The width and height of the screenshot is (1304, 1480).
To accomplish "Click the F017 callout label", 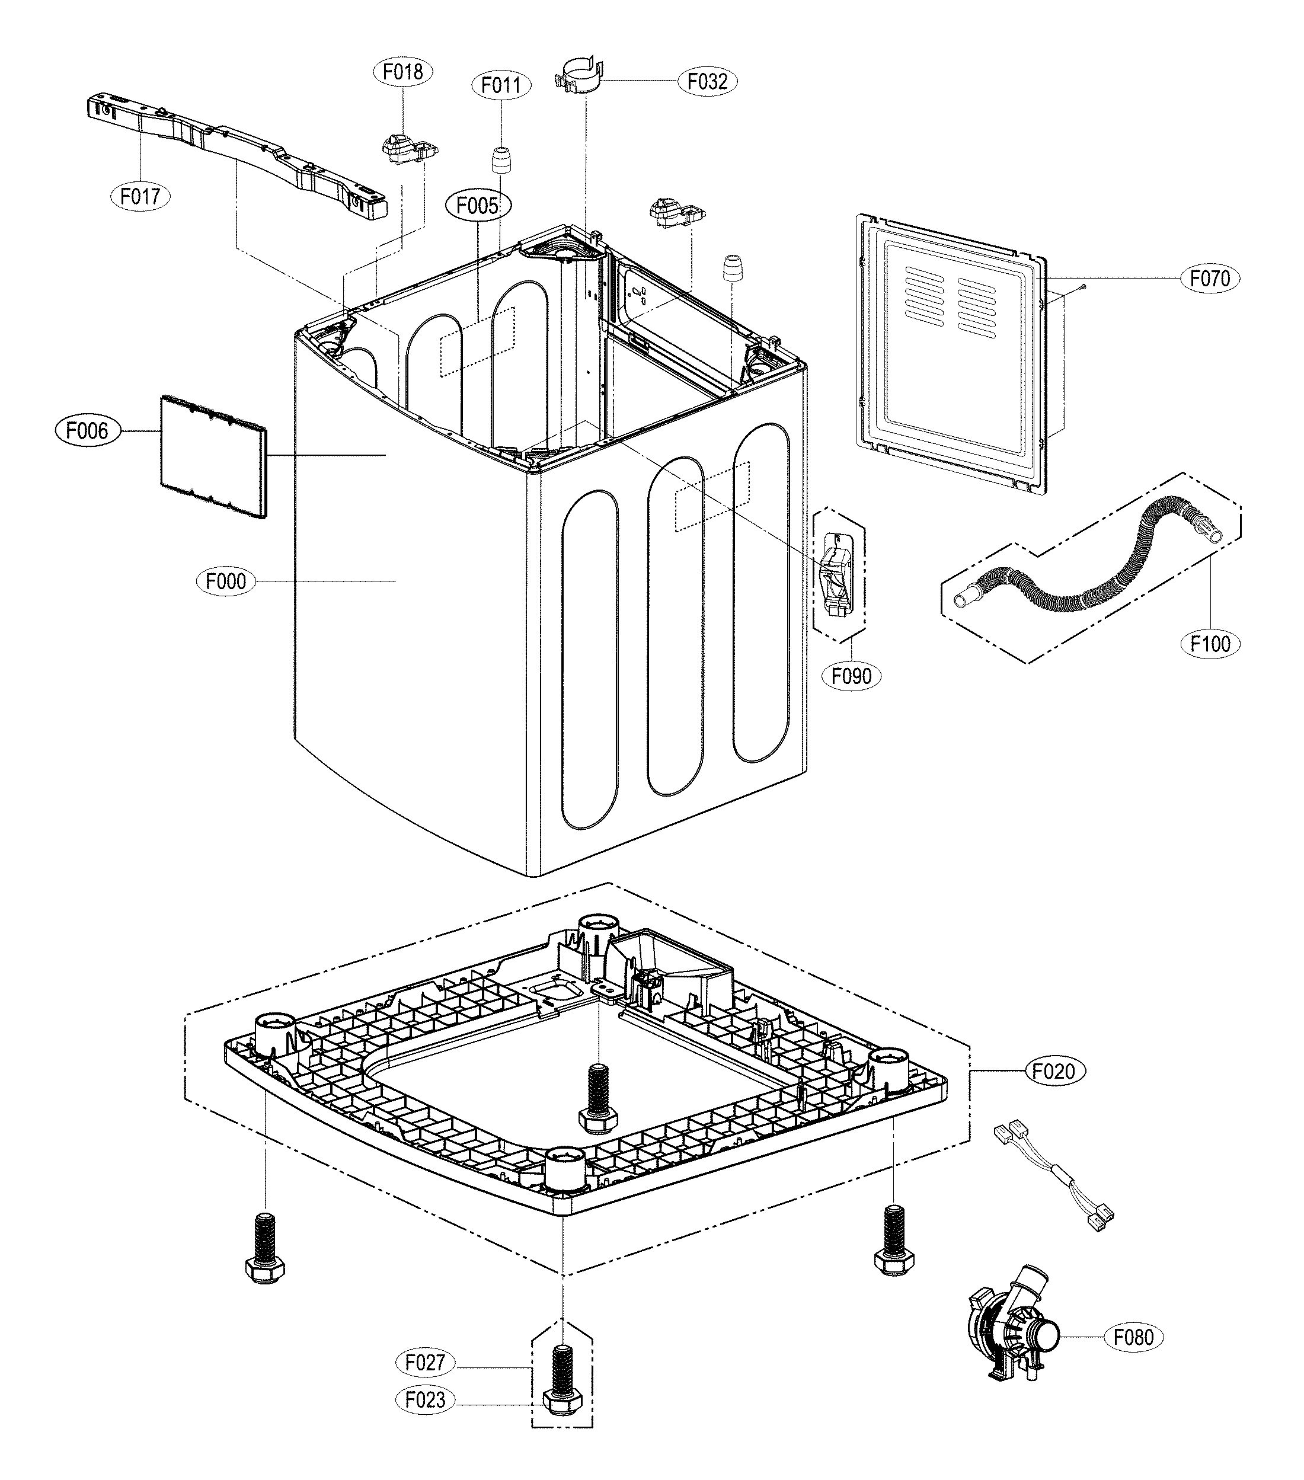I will (x=140, y=196).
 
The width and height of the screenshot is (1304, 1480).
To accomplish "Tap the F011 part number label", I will (x=501, y=85).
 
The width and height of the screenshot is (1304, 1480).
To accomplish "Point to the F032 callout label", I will (x=707, y=81).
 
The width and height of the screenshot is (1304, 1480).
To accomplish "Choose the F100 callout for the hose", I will (x=1210, y=643).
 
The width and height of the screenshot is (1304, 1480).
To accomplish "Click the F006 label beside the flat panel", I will (x=87, y=431).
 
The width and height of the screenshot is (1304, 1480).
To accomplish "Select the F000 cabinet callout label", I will (x=226, y=581).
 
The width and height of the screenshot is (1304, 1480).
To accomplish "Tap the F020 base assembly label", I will (x=1054, y=1070).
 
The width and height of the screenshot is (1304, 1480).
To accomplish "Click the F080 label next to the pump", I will (x=1133, y=1337).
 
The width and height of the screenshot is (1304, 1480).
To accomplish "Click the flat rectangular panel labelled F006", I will (x=212, y=456).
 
